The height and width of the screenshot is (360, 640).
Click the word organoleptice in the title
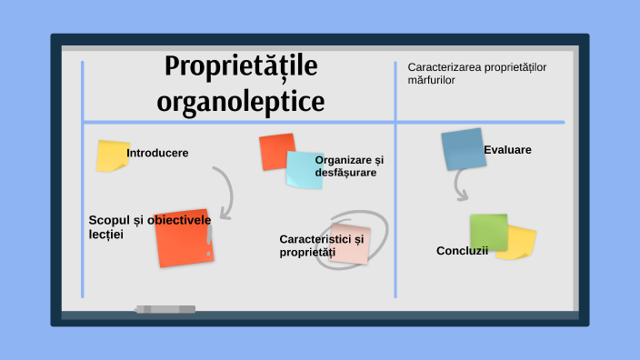coord(240,101)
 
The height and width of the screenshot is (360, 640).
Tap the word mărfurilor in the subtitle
coord(432,80)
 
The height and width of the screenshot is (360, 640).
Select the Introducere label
coord(157,153)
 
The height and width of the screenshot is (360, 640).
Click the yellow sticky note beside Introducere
coord(112,155)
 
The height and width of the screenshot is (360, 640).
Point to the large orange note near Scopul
coord(185,237)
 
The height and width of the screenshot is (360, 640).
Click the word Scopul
coord(109,220)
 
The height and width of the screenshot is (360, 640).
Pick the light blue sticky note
coord(305,170)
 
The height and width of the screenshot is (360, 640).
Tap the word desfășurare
coord(345,172)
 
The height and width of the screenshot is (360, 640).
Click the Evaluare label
coord(507,149)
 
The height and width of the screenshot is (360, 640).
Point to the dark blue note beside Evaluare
coord(462,150)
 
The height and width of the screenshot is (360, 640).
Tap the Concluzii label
coord(462,251)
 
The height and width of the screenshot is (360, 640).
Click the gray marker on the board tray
coord(165,309)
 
